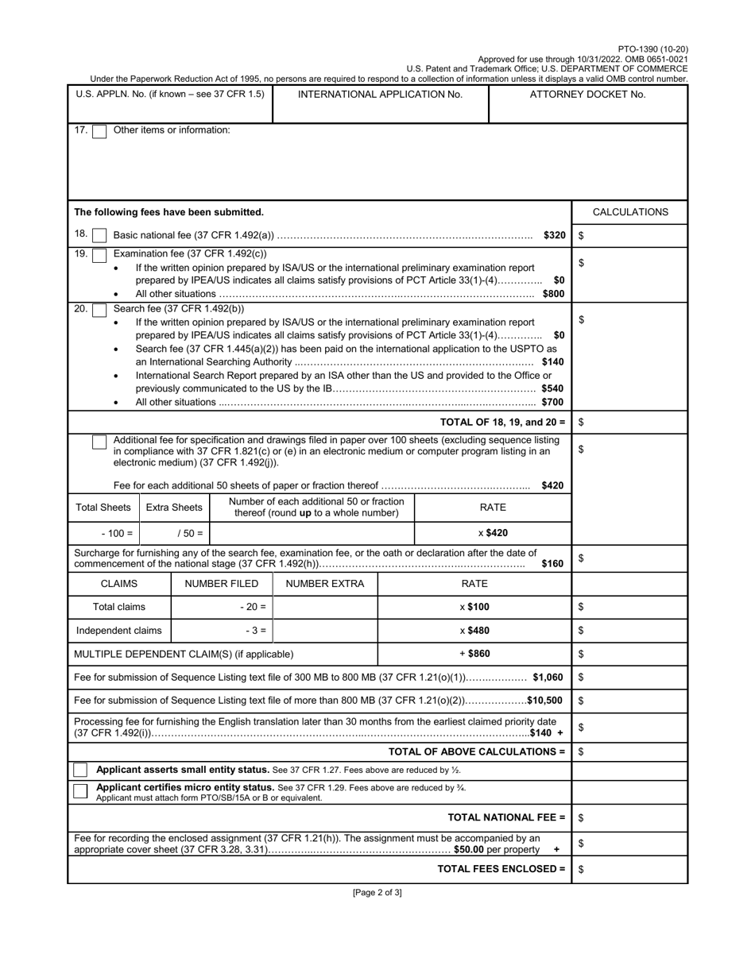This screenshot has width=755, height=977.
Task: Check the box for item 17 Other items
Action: (99, 132)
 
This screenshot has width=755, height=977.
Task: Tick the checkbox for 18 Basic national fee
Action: (99, 236)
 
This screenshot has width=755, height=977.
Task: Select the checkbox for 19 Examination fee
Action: (99, 256)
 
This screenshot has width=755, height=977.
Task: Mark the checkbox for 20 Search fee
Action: (99, 310)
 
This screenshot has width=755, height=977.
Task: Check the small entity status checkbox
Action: (80, 770)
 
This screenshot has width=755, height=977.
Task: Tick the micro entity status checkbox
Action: (80, 791)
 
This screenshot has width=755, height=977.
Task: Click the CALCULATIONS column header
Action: (630, 212)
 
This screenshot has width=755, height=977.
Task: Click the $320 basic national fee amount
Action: (554, 236)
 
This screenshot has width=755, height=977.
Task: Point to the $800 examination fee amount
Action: (553, 294)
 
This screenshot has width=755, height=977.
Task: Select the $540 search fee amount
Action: (552, 389)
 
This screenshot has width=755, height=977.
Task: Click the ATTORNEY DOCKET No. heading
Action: (587, 95)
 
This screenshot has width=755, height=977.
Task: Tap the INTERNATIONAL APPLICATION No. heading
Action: (380, 95)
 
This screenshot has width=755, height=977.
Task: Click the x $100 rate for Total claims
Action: (474, 607)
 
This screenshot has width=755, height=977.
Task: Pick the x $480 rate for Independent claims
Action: (474, 631)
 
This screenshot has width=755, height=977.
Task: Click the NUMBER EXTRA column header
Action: (325, 584)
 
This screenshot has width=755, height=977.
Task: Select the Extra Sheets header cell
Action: (174, 508)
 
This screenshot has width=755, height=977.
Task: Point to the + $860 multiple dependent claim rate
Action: (474, 654)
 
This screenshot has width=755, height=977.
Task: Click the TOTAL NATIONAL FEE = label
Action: (506, 817)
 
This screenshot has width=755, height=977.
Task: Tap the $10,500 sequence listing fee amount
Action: (544, 701)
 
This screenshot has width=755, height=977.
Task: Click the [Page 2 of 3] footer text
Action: (377, 893)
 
